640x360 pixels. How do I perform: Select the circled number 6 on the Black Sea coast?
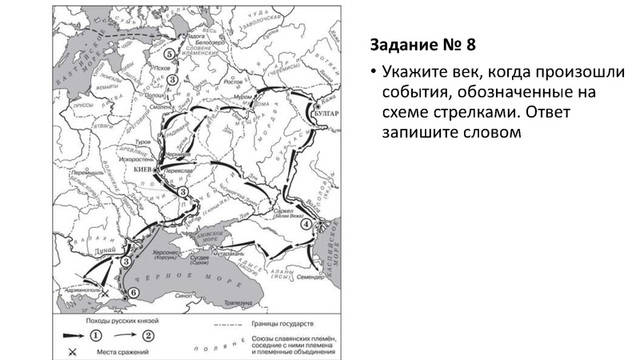[x=133, y=294]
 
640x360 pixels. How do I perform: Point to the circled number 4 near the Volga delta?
[x=306, y=224]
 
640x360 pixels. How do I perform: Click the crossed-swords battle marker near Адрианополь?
[x=105, y=295]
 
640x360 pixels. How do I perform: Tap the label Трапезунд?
[x=239, y=303]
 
